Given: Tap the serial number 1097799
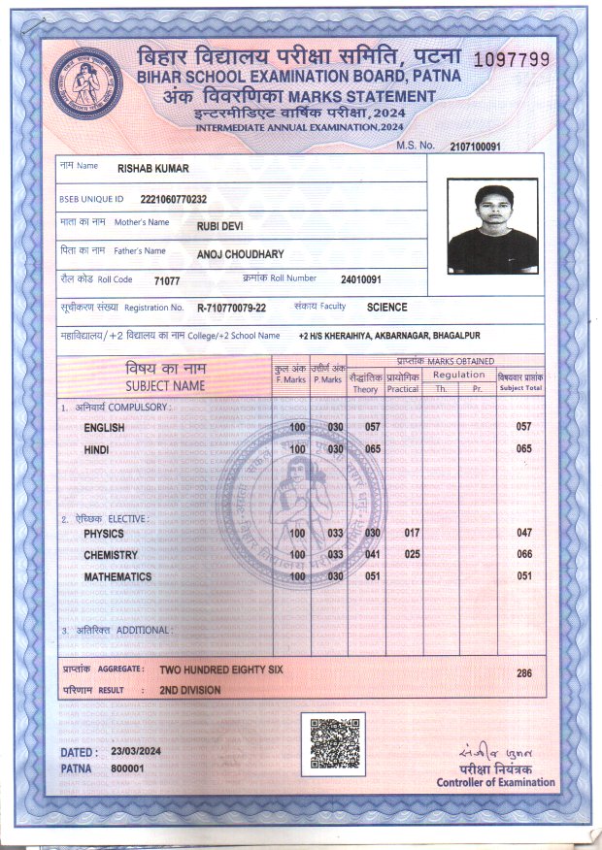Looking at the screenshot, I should (x=511, y=59).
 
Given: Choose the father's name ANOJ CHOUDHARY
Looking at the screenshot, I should (x=240, y=254).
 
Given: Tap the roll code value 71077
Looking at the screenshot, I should (x=167, y=280).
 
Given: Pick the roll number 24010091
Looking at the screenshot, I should (x=361, y=279).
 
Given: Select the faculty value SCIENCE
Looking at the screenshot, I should (x=387, y=307).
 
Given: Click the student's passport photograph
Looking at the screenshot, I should (x=492, y=226).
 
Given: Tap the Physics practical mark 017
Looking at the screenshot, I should (x=412, y=534).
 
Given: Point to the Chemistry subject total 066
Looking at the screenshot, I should (x=524, y=555).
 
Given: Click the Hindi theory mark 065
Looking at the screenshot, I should (x=371, y=449).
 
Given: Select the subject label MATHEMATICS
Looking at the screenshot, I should (x=117, y=576).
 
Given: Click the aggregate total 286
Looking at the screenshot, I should (x=524, y=671).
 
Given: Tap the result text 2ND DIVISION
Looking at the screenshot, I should (x=190, y=690).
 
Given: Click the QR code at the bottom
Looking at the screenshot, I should (x=333, y=743).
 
